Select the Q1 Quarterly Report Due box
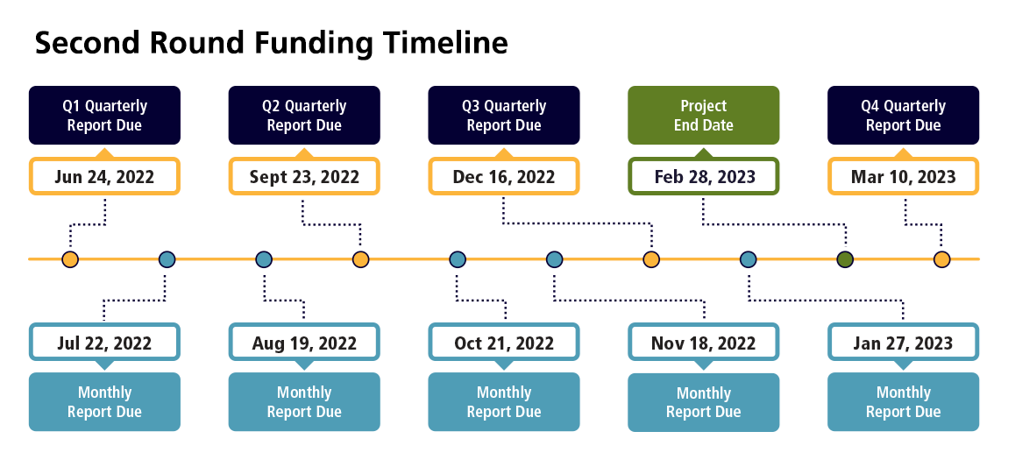(x=104, y=115)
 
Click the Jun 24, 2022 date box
(x=104, y=177)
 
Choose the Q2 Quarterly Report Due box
(x=304, y=115)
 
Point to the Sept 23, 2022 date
(x=304, y=177)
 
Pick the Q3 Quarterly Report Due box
(x=504, y=115)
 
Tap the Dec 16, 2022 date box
(x=504, y=177)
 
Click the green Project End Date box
(x=704, y=115)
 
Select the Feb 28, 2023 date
(x=704, y=177)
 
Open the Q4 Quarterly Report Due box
(x=903, y=115)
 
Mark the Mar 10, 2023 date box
(x=903, y=177)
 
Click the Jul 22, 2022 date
(x=104, y=343)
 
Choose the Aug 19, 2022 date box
(x=304, y=343)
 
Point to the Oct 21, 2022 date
(x=504, y=343)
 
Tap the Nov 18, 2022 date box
(x=704, y=343)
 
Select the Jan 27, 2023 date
(x=903, y=343)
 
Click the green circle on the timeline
(x=845, y=259)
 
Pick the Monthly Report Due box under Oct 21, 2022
(x=504, y=401)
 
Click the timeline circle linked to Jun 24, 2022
(x=70, y=259)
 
